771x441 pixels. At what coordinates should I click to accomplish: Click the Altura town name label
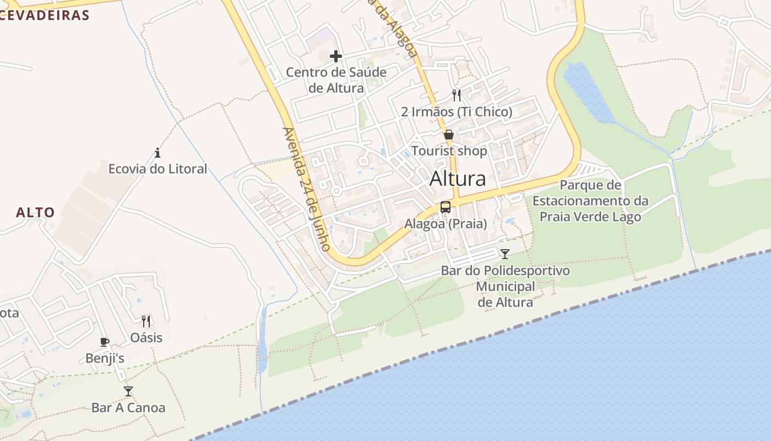pyautogui.click(x=458, y=179)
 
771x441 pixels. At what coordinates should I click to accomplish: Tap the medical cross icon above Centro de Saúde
pyautogui.click(x=336, y=56)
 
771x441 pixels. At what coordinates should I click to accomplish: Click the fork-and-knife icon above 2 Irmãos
pyautogui.click(x=457, y=95)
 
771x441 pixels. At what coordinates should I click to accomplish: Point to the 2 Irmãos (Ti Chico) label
pyautogui.click(x=457, y=112)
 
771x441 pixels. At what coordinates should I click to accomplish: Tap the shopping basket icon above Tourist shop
pyautogui.click(x=449, y=135)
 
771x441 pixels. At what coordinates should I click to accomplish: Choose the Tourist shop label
pyautogui.click(x=449, y=151)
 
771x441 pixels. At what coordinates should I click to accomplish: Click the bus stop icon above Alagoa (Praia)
pyautogui.click(x=446, y=207)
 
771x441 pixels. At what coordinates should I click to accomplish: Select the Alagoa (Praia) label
pyautogui.click(x=446, y=224)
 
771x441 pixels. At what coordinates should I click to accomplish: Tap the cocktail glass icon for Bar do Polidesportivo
pyautogui.click(x=505, y=254)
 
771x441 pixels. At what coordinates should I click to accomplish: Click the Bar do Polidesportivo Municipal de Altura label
pyautogui.click(x=505, y=287)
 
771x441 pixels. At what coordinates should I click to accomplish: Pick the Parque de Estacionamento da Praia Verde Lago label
pyautogui.click(x=590, y=201)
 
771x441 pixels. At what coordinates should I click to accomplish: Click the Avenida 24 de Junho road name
pyautogui.click(x=306, y=189)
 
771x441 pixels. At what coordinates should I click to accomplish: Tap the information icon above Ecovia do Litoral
pyautogui.click(x=158, y=153)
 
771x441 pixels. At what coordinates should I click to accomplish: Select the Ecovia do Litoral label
pyautogui.click(x=158, y=169)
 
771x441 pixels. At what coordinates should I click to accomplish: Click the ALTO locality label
pyautogui.click(x=35, y=212)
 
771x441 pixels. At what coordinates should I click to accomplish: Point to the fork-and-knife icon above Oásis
pyautogui.click(x=146, y=321)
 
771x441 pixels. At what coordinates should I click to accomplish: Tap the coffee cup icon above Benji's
pyautogui.click(x=105, y=342)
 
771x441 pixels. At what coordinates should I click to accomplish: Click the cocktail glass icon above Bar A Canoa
pyautogui.click(x=128, y=391)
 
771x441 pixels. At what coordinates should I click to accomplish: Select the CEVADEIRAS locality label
pyautogui.click(x=44, y=15)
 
